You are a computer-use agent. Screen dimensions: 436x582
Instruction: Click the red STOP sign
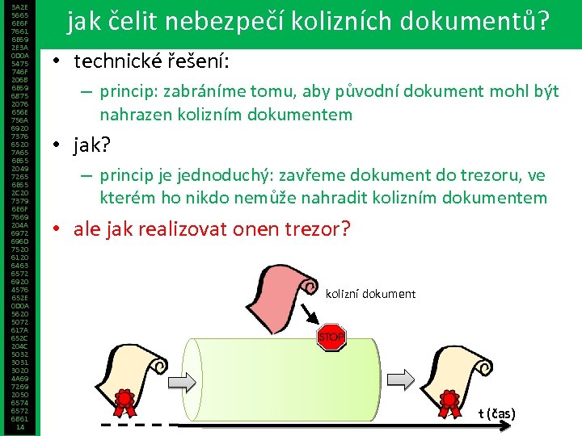tap(331, 336)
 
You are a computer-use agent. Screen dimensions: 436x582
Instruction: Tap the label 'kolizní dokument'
tap(370, 294)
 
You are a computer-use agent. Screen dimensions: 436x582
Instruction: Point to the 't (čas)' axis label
tap(496, 414)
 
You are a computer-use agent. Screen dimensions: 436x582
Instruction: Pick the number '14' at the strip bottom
tap(19, 427)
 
